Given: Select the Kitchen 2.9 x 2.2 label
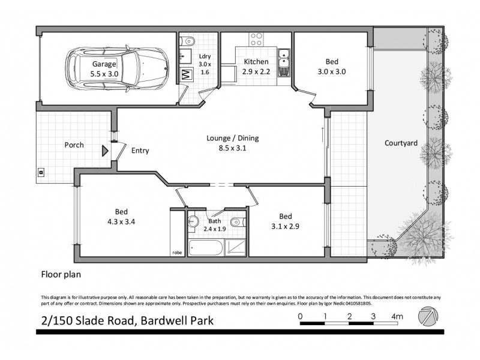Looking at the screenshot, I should point(256,67).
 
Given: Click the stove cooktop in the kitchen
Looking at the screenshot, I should point(257,40).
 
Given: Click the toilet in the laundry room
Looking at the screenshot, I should point(188,41).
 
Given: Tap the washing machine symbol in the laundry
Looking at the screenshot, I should point(185,75).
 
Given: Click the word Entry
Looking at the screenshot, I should point(140,151).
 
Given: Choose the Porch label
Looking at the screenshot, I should point(74,145).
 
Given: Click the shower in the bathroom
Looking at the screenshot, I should point(236,247).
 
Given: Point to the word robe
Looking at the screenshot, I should point(177,253).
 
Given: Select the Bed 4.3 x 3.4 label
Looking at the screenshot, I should point(122,217).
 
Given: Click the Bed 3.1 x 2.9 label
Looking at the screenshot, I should point(285,221).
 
